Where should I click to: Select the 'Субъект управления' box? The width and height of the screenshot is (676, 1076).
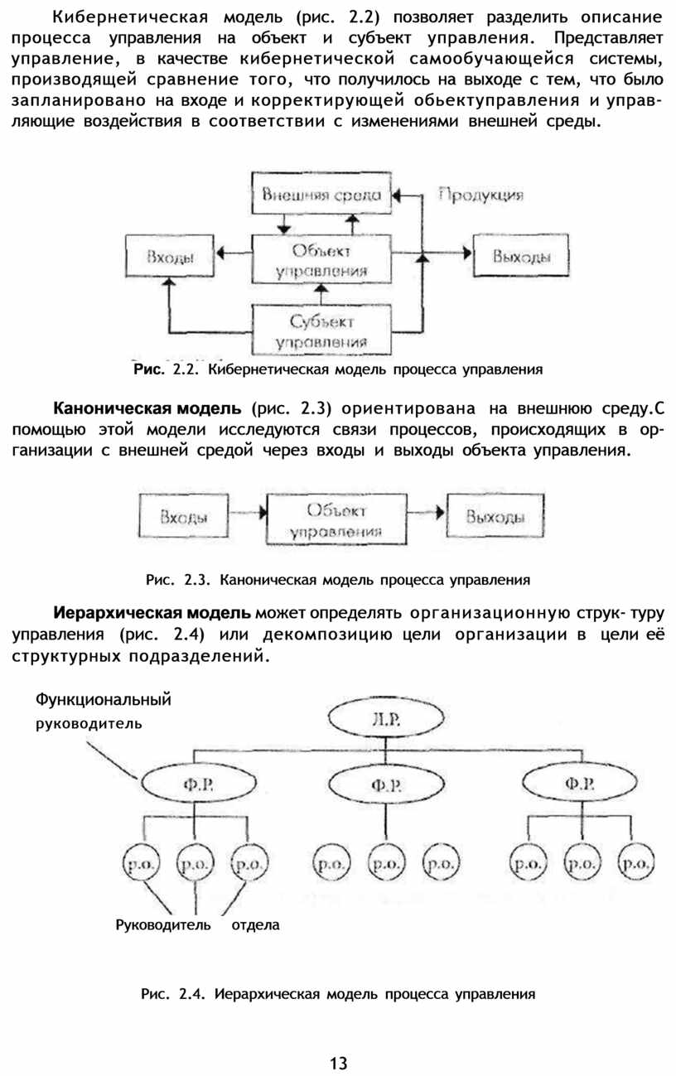point(321,331)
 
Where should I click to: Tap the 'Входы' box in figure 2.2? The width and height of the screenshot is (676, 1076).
point(170,256)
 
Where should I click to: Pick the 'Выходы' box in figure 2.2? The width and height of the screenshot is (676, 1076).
point(521,255)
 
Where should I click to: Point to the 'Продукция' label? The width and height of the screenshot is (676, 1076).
point(480,195)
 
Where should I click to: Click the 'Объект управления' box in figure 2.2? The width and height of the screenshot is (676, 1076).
point(321,259)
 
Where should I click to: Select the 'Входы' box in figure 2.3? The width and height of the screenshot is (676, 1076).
point(183,515)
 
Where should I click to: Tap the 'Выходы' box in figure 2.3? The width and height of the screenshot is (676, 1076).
point(495,515)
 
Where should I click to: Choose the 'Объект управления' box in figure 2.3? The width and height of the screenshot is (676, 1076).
point(336,519)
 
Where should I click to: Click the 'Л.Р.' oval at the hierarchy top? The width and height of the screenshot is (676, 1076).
point(386,718)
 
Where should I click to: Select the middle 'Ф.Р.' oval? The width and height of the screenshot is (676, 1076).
point(386,784)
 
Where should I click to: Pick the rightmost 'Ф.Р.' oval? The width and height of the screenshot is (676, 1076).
point(579,784)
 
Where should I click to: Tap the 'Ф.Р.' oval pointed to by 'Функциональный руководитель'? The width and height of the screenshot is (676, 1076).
point(199,784)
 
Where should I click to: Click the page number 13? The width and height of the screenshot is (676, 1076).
point(338,1063)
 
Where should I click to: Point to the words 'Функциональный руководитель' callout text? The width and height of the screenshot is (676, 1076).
point(103,711)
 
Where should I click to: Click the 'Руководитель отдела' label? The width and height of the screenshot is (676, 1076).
point(197,924)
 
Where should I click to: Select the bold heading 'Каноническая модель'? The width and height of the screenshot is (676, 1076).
point(147,408)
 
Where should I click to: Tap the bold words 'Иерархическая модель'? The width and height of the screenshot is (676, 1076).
point(152,613)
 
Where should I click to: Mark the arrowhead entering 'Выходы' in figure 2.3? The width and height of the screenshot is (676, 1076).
point(440,513)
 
